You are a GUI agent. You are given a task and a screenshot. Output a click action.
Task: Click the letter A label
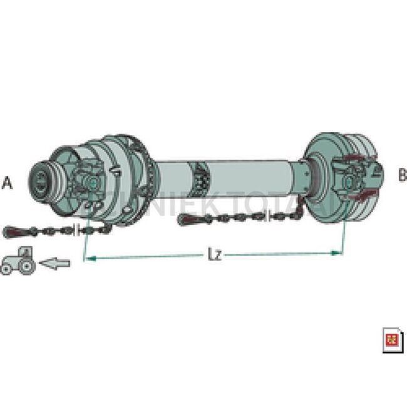(x=8, y=183)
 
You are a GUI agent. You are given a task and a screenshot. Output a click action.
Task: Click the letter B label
(x=401, y=175)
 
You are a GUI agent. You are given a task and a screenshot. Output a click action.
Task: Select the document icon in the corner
(x=393, y=340)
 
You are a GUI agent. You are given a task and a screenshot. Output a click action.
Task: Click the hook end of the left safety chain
(x=11, y=232)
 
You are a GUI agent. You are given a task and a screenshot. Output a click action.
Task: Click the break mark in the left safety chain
(x=77, y=229)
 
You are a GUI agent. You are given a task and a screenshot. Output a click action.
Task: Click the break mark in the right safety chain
(x=271, y=217)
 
